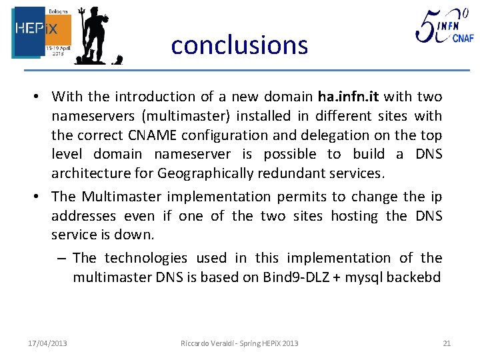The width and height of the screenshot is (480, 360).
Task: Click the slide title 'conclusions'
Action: tap(239, 45)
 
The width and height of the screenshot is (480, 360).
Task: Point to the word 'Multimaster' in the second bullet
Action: tap(121, 197)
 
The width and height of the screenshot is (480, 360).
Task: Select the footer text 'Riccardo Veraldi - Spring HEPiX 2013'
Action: tap(239, 343)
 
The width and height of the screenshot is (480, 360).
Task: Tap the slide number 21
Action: tap(446, 343)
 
